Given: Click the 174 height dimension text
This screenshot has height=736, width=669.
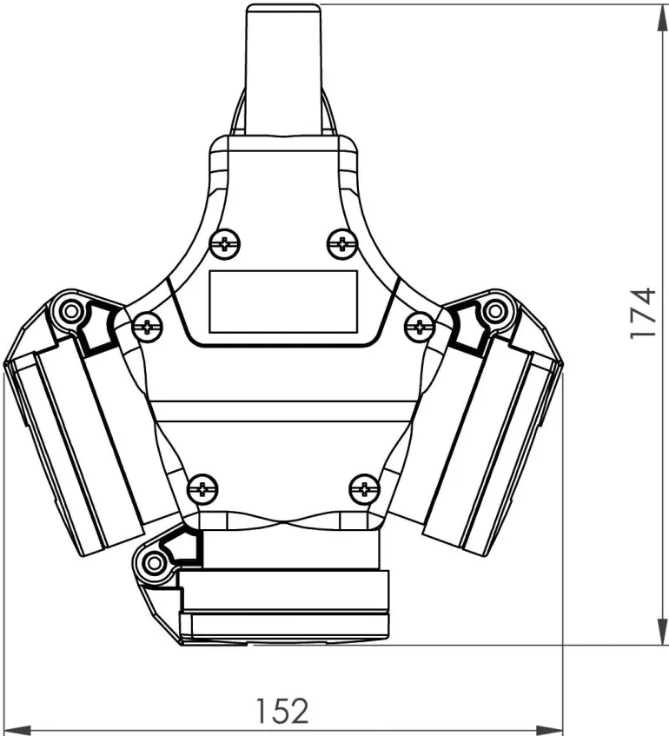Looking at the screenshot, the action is (x=643, y=313).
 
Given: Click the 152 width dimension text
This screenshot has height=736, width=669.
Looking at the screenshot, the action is (x=282, y=711).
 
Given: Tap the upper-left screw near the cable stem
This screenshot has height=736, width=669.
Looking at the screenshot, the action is (x=225, y=244).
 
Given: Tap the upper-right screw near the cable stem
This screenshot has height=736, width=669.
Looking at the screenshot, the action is (x=342, y=244).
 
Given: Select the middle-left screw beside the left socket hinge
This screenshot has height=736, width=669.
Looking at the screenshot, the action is (x=148, y=326).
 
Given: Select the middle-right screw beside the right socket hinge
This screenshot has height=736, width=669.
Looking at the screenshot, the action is (x=420, y=326).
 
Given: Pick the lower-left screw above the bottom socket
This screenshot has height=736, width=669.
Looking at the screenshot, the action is (x=202, y=489).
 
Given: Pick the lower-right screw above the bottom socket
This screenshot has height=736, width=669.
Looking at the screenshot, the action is (x=365, y=489).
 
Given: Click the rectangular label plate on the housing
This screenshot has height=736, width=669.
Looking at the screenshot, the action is (x=283, y=302).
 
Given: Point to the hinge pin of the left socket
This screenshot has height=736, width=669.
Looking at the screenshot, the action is (x=71, y=311).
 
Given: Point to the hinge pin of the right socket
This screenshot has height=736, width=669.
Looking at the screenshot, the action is (x=493, y=311).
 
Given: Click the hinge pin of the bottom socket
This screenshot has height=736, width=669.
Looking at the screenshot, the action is (x=153, y=562).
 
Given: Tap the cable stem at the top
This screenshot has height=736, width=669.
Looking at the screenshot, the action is (x=283, y=70).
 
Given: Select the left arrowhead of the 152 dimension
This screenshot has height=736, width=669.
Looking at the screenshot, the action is (x=17, y=731).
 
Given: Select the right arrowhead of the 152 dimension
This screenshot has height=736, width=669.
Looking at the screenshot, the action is (x=549, y=731).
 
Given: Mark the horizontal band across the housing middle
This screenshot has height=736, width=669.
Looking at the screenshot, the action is (x=283, y=411).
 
